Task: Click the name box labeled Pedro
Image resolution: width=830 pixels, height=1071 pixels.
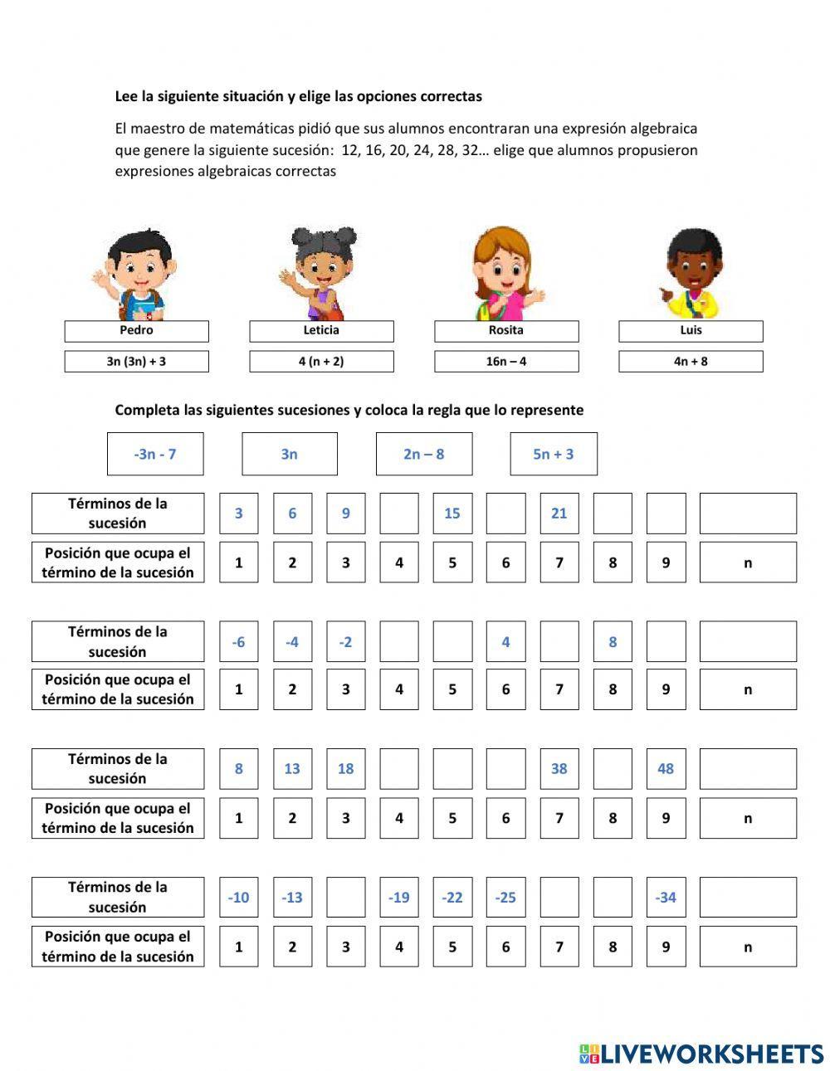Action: pyautogui.click(x=137, y=331)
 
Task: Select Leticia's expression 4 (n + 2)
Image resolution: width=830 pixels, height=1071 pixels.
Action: pyautogui.click(x=321, y=362)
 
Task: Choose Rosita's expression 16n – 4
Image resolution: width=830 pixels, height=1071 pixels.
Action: pyautogui.click(x=506, y=362)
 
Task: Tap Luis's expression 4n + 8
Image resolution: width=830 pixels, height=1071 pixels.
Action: pyautogui.click(x=691, y=362)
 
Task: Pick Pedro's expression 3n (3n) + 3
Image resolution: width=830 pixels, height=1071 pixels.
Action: pyautogui.click(x=137, y=362)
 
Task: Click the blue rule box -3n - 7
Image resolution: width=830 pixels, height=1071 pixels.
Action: pyautogui.click(x=155, y=454)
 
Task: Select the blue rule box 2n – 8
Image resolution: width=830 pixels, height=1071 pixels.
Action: pyautogui.click(x=424, y=454)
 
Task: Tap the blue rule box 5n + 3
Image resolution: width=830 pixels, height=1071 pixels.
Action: pyautogui.click(x=554, y=454)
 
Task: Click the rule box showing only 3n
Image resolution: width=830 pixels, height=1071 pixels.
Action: pyautogui.click(x=290, y=454)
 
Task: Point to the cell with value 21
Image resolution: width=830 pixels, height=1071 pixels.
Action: pyautogui.click(x=559, y=514)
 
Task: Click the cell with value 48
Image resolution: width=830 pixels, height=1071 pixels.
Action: pyautogui.click(x=666, y=769)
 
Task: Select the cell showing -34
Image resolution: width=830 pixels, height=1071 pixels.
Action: pyautogui.click(x=666, y=898)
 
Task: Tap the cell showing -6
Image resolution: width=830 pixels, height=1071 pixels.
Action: pyautogui.click(x=239, y=642)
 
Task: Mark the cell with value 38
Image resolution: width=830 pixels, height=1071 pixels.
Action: pyautogui.click(x=559, y=769)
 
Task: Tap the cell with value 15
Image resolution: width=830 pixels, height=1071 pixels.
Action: pyautogui.click(x=452, y=514)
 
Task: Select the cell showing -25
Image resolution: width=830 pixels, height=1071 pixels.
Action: pyautogui.click(x=505, y=898)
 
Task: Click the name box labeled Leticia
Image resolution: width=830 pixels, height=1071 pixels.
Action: pyautogui.click(x=321, y=331)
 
